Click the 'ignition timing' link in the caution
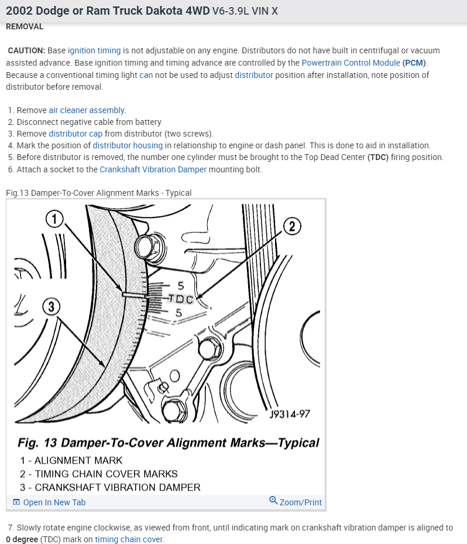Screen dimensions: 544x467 click(x=94, y=50)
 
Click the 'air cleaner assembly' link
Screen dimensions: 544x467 click(x=87, y=110)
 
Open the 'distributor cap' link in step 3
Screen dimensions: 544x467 click(x=75, y=134)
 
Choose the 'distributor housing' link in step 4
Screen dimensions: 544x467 click(x=128, y=145)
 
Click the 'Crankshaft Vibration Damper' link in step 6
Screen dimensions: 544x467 click(x=153, y=169)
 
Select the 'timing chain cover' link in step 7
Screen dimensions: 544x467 click(x=129, y=539)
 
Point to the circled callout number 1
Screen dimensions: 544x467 click(x=54, y=219)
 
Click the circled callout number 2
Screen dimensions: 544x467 click(x=293, y=226)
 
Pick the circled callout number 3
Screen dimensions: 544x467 click(x=51, y=306)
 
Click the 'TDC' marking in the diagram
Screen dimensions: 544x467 click(x=181, y=299)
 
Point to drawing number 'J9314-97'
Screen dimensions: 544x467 click(x=290, y=414)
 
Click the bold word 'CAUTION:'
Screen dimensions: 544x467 click(x=26, y=50)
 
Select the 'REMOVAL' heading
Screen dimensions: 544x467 click(x=25, y=26)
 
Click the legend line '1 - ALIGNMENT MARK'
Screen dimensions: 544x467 click(x=71, y=460)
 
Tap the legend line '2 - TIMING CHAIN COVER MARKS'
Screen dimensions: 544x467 click(x=99, y=474)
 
